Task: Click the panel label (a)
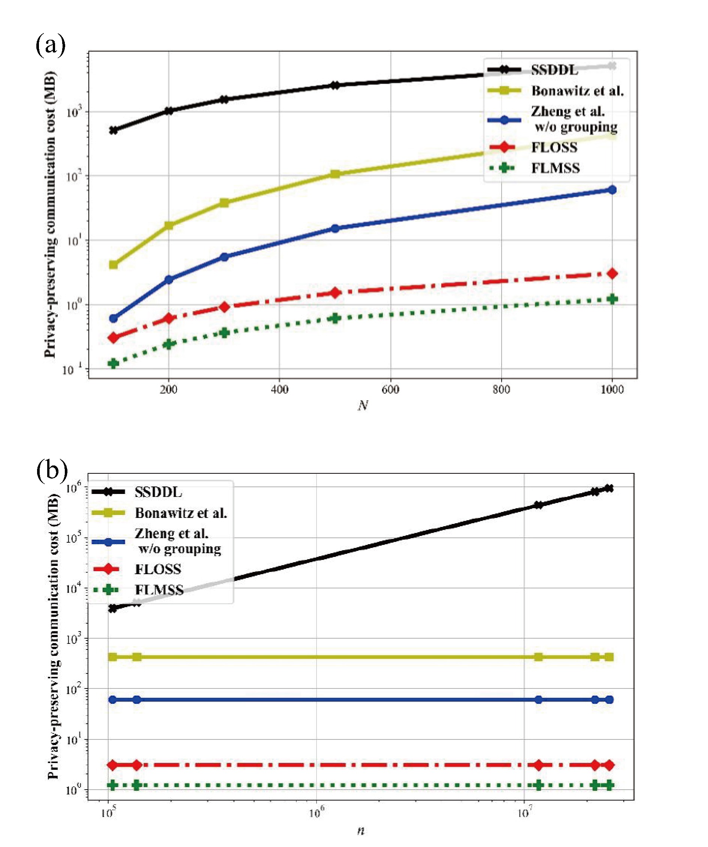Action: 51,44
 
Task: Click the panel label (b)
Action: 52,470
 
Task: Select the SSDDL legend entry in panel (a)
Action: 554,70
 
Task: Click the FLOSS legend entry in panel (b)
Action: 158,569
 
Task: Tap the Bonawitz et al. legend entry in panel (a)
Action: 577,91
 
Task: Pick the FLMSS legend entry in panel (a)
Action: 555,168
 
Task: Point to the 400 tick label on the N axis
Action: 279,389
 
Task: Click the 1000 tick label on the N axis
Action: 612,389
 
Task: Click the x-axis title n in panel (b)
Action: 361,831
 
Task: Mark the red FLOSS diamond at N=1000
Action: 612,274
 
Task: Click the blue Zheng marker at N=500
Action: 335,228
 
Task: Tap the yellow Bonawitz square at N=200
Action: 169,225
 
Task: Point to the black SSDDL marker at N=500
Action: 335,85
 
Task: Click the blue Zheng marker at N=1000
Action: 612,190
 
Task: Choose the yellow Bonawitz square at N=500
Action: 335,174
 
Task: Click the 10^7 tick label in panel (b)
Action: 524,812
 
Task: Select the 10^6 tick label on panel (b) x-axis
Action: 316,812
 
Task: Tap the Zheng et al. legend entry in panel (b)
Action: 178,541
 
